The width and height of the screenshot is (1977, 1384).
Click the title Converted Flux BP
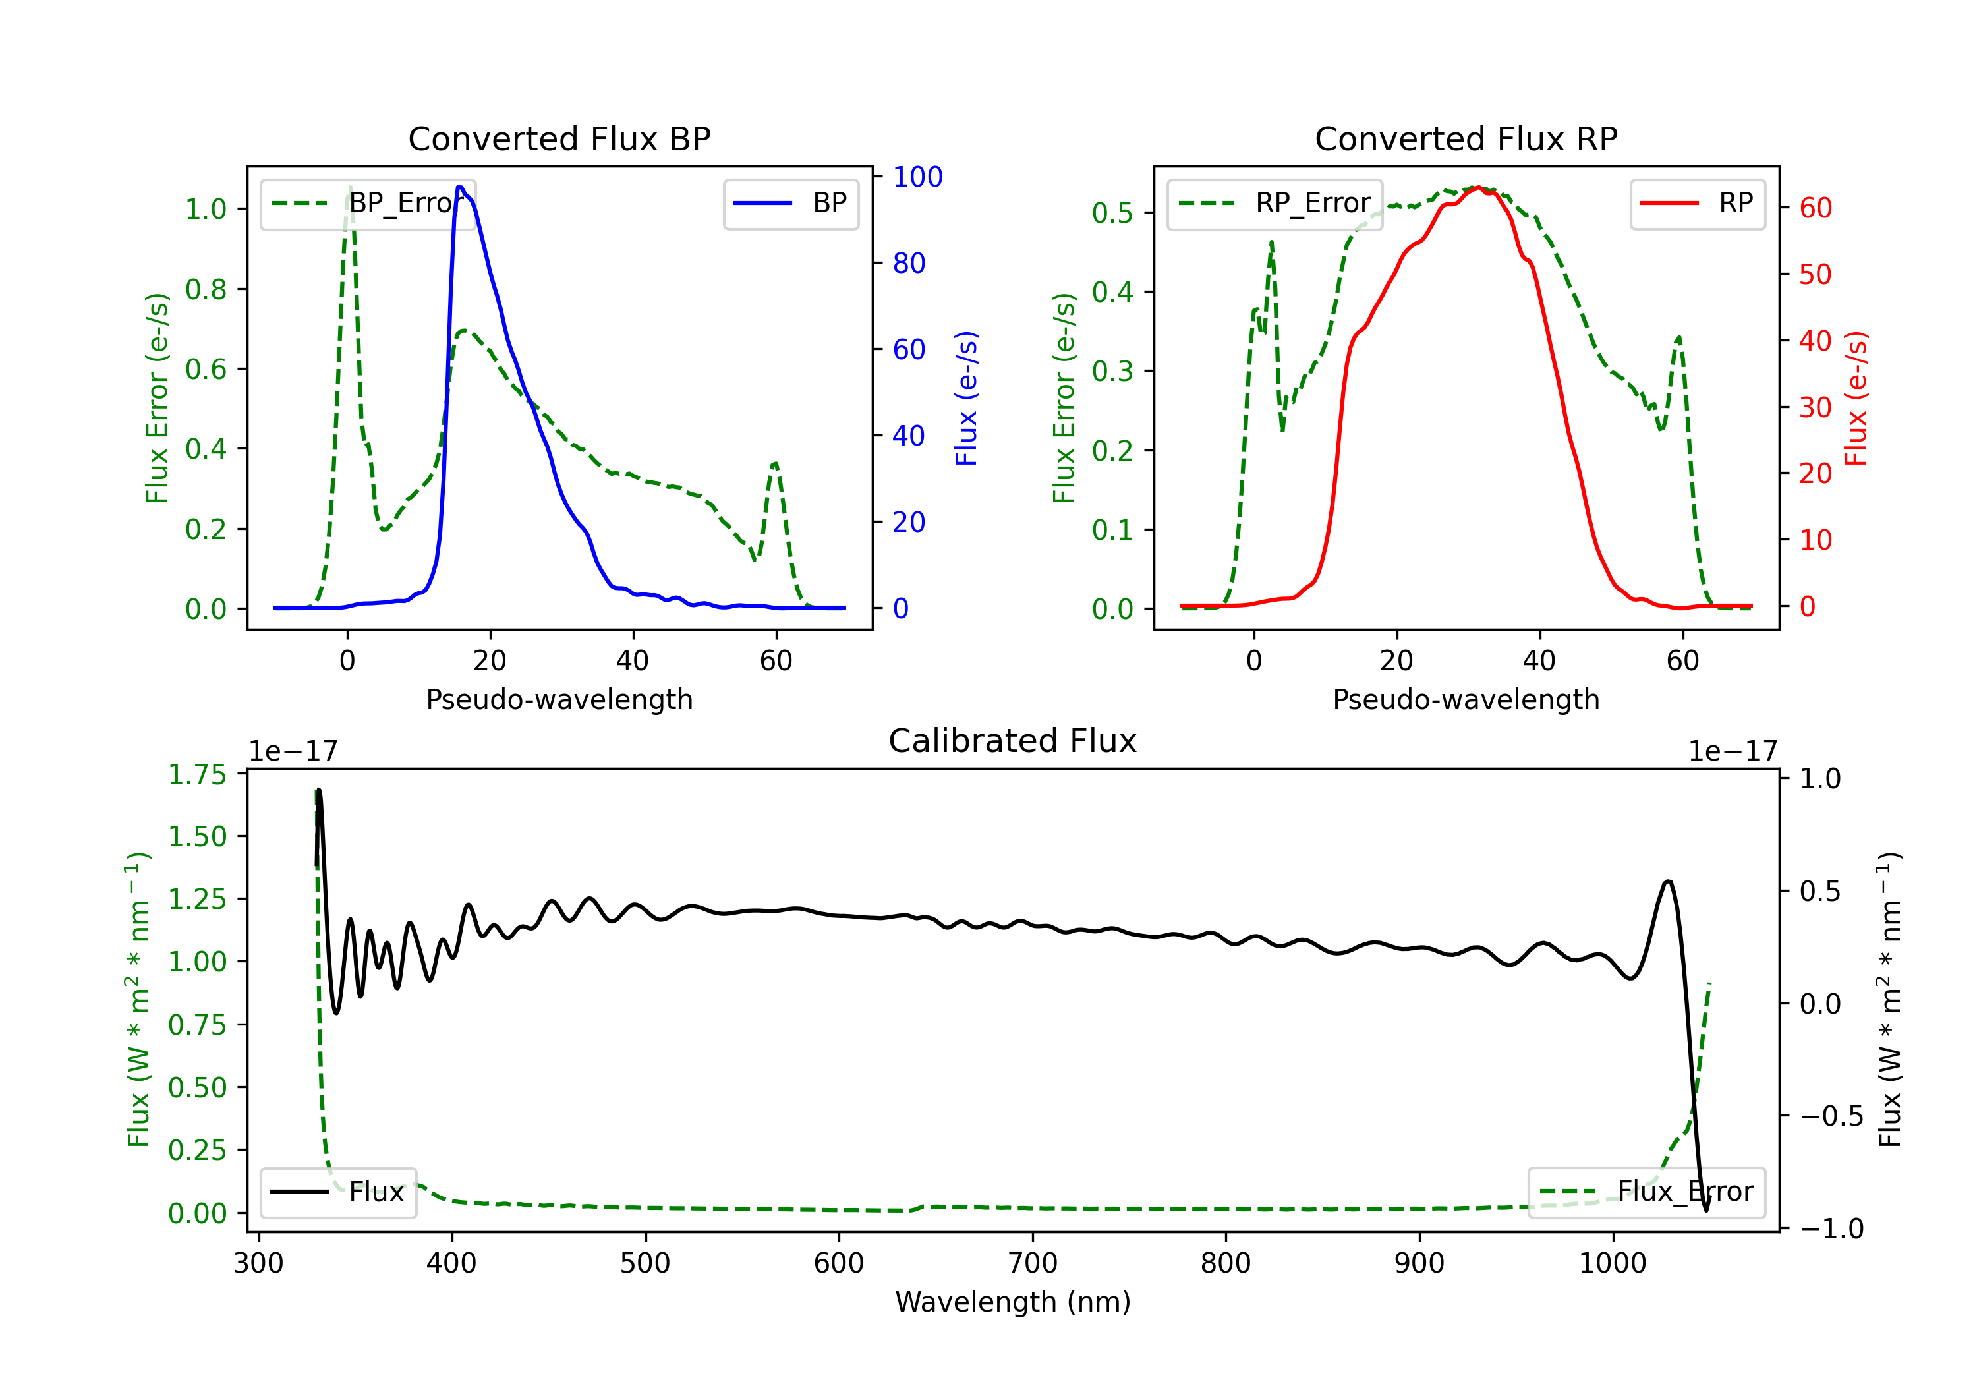[559, 138]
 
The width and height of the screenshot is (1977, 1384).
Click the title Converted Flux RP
[1466, 138]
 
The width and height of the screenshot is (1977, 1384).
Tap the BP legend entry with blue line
[791, 203]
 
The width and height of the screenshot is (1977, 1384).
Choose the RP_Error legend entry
[1275, 203]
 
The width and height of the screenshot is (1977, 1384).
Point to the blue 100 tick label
[917, 177]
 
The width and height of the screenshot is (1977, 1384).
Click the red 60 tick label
[1815, 208]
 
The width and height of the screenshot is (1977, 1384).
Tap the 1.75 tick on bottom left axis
[197, 774]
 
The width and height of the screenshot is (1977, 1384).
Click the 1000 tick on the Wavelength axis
[1612, 1263]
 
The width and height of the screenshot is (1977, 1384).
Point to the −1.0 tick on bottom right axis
[1831, 1228]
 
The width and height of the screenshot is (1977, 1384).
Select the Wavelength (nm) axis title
[1013, 1302]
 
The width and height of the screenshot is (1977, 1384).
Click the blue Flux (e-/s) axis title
[966, 398]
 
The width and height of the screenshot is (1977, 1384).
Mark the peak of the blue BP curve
[461, 187]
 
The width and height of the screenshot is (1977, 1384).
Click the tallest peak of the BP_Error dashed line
[349, 187]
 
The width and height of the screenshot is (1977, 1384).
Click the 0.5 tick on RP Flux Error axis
[1112, 213]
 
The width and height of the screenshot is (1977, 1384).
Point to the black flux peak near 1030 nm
[1668, 881]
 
